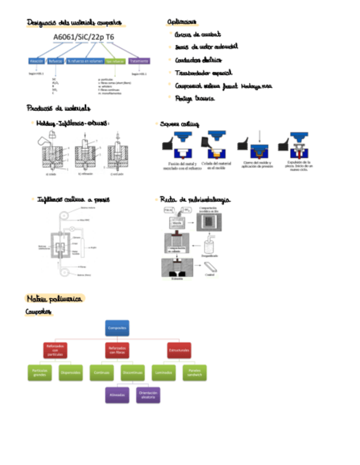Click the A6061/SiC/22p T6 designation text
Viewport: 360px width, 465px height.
[84, 37]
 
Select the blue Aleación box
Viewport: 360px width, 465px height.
[37, 61]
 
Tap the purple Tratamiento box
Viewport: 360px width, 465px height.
[139, 61]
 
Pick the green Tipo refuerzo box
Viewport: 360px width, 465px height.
[115, 61]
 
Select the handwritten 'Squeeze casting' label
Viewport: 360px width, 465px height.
[179, 124]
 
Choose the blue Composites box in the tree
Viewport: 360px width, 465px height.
[117, 328]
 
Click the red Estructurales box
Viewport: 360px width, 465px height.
[179, 350]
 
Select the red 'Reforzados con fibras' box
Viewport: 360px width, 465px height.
[117, 350]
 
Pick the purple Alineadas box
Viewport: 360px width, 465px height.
[117, 395]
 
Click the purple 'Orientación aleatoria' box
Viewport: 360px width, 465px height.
[148, 395]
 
